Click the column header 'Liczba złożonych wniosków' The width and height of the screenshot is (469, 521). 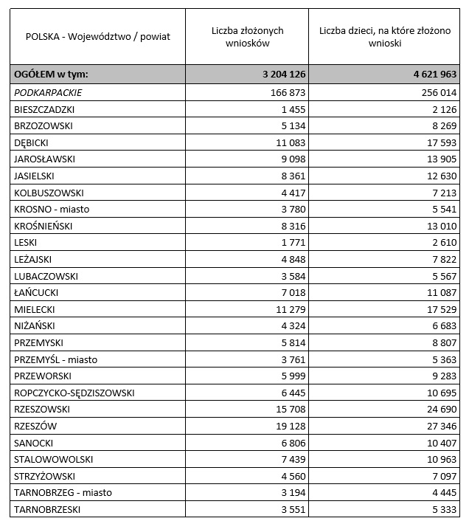(x=247, y=37)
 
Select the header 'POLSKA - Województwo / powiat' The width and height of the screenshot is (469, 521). (x=97, y=37)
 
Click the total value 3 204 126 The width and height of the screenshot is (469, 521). (x=283, y=75)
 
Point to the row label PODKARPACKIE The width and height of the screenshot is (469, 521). (x=48, y=92)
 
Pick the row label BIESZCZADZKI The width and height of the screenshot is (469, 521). (x=44, y=109)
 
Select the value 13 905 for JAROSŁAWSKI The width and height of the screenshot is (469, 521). (x=440, y=159)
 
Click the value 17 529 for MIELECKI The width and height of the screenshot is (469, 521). (x=440, y=309)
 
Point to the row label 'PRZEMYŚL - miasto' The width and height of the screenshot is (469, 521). (x=56, y=359)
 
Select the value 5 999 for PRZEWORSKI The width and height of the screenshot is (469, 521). (x=292, y=376)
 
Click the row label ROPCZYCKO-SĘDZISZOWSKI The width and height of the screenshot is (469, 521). (x=74, y=393)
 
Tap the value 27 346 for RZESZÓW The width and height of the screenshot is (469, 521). (x=440, y=426)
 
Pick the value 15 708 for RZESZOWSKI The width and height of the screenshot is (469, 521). (x=289, y=409)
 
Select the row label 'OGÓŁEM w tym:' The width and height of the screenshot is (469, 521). (x=51, y=75)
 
